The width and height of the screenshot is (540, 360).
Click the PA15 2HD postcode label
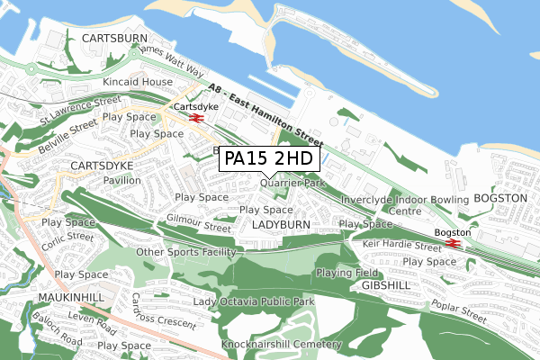(x=268, y=158)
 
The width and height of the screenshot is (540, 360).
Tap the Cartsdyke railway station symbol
(x=195, y=116)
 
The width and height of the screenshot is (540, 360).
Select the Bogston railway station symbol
(x=453, y=241)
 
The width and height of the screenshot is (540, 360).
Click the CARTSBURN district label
(x=113, y=39)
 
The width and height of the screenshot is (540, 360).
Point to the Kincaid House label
(x=137, y=82)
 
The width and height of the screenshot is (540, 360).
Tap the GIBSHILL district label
(x=386, y=284)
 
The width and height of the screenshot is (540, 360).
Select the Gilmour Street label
(x=198, y=222)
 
